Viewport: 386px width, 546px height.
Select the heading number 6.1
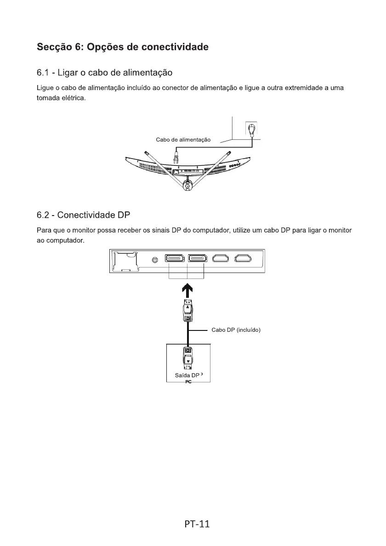(x=44, y=73)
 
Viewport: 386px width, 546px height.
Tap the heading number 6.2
(x=44, y=215)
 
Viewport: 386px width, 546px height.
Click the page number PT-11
(x=193, y=523)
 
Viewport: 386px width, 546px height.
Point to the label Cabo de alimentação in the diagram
(x=183, y=140)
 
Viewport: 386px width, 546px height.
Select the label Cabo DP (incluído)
(x=236, y=330)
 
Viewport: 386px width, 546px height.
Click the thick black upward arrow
(x=188, y=290)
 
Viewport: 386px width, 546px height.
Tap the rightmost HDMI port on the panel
(x=243, y=260)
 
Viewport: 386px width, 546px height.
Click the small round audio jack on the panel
(x=155, y=260)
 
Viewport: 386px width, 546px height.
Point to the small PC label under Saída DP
(x=188, y=382)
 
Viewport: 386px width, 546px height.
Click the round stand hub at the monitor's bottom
(x=187, y=185)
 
